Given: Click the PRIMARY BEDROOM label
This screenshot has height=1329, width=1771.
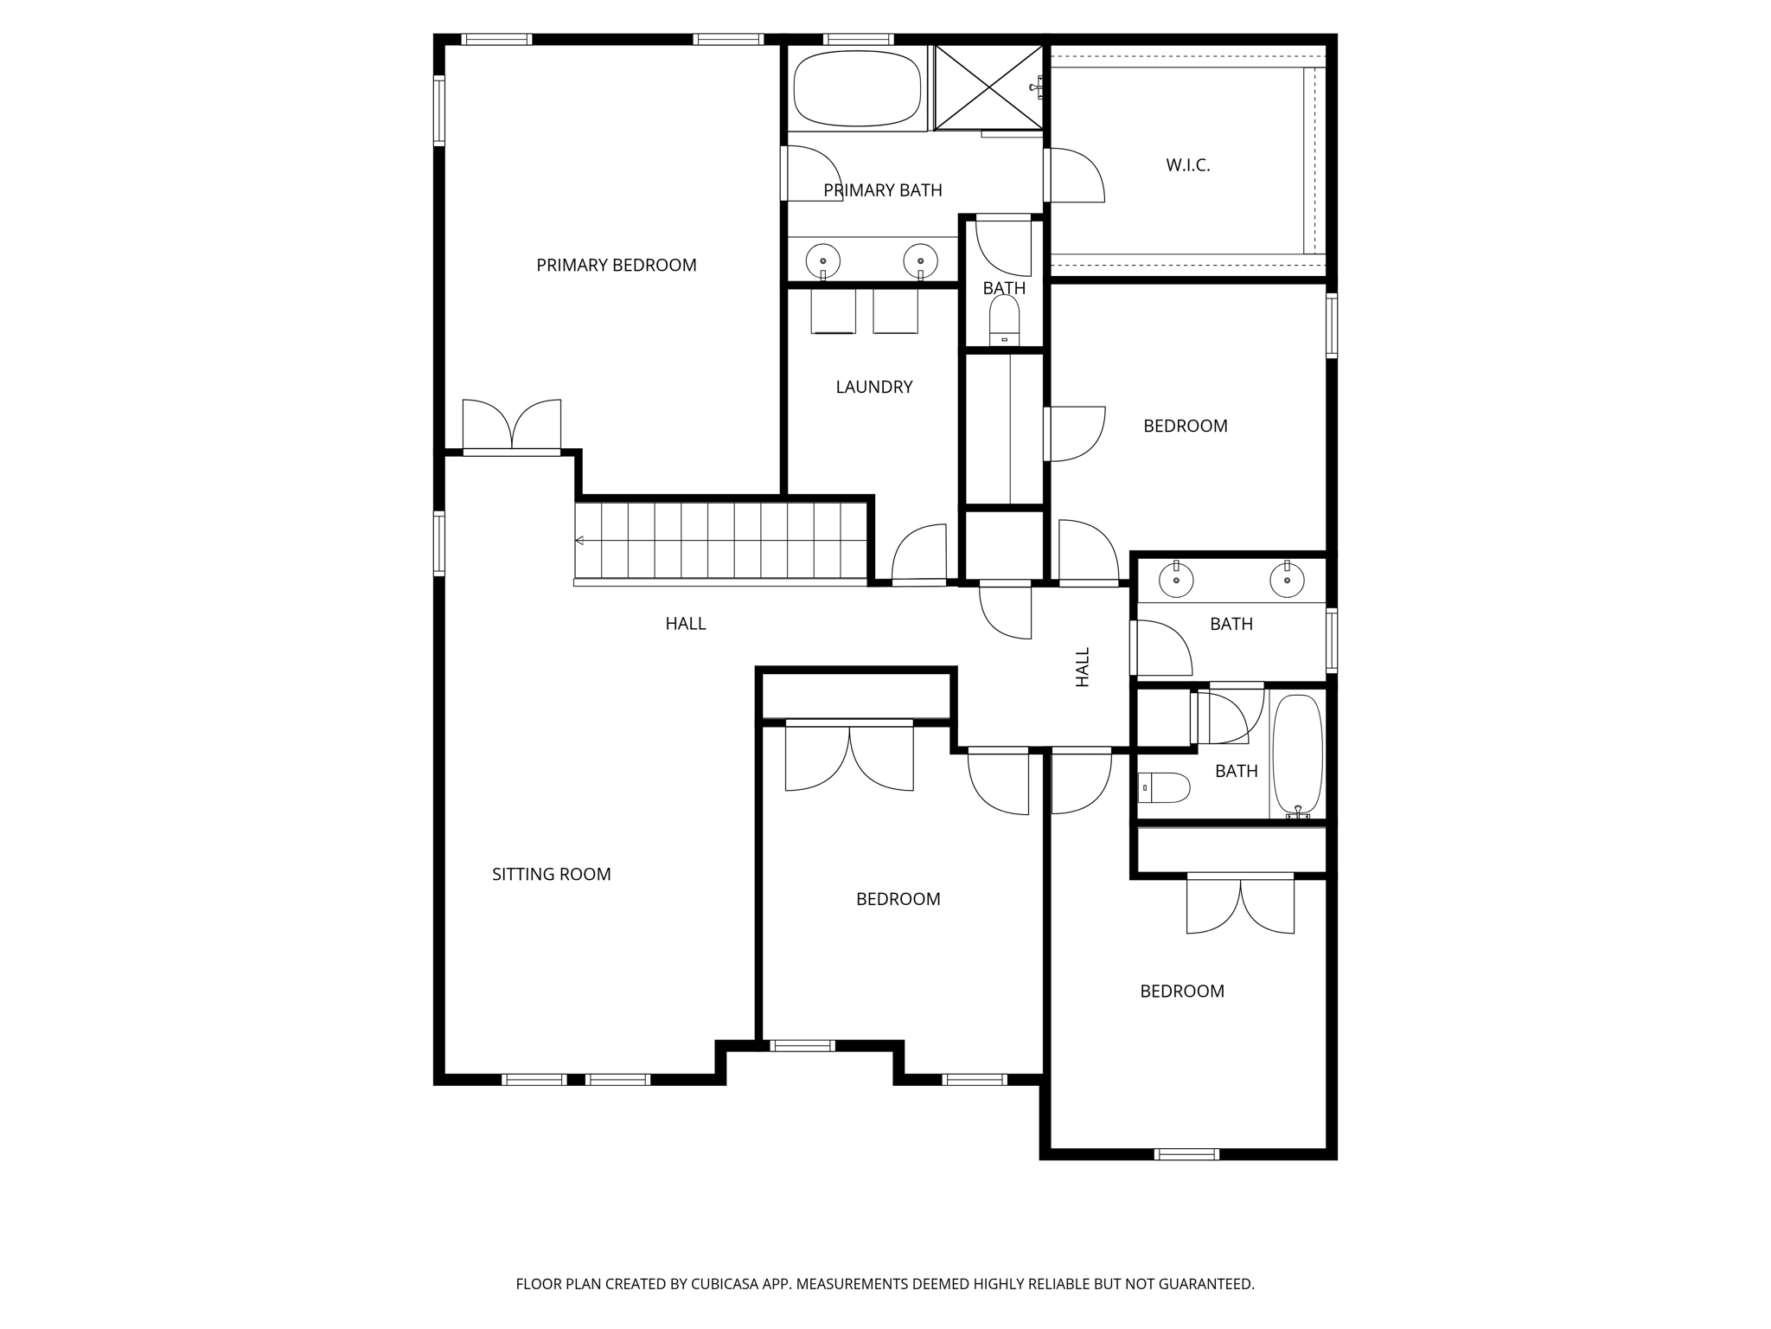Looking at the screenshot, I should [616, 266].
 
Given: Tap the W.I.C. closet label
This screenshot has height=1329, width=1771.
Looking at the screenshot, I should [1187, 165].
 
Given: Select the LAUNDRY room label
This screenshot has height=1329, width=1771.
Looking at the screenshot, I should [873, 387].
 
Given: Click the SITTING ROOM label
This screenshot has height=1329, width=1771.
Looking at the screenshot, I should [551, 874].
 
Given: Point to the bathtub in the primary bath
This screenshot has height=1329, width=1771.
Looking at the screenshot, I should [857, 88].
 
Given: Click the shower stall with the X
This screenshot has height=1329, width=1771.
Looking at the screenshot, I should [988, 87].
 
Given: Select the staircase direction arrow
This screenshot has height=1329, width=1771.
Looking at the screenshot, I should [579, 541].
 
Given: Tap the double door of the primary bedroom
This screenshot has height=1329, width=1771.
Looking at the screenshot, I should [512, 426].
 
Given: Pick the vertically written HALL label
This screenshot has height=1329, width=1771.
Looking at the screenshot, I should [1083, 667].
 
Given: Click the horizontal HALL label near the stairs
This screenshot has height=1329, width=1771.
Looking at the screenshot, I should [685, 623].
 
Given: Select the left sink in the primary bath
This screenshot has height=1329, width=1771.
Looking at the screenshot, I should [822, 260].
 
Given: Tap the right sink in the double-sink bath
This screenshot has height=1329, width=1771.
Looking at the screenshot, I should [1287, 580].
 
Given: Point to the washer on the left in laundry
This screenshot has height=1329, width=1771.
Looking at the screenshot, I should [833, 311].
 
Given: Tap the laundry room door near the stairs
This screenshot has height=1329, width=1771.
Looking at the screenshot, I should [919, 555].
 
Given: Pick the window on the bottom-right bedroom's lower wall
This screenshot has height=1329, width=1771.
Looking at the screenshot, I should [1186, 1153].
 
